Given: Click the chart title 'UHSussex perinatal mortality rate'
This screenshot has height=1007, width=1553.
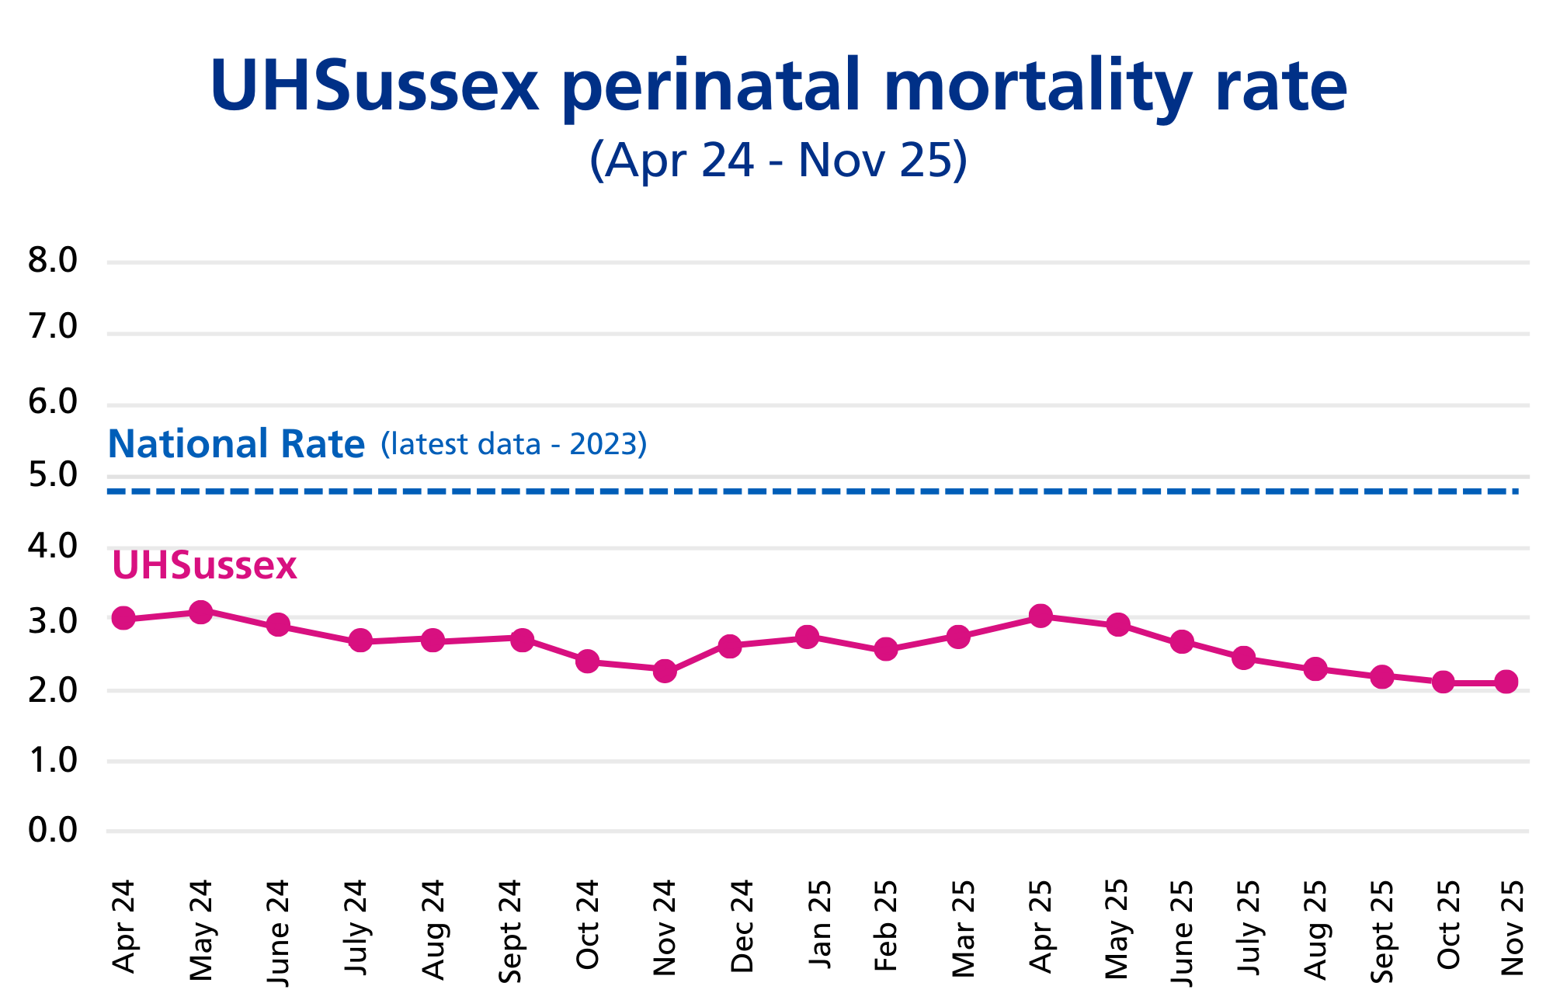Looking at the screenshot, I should (x=778, y=85).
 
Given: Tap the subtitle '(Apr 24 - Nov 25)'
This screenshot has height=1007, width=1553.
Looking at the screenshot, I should (x=778, y=160).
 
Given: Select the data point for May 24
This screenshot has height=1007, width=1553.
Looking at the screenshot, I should (x=201, y=612).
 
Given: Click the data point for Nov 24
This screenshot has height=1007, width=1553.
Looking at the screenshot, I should (x=665, y=671).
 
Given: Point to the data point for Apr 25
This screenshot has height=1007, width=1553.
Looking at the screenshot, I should (x=1041, y=616).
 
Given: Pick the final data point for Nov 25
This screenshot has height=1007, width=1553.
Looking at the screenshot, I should (x=1506, y=682).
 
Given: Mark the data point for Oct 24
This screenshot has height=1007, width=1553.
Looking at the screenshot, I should (x=588, y=661).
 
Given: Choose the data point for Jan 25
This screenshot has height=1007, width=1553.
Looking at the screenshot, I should (x=808, y=637).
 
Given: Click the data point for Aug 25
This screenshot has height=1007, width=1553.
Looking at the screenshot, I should (x=1315, y=668).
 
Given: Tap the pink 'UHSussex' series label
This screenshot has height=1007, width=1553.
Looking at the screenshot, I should (x=204, y=565).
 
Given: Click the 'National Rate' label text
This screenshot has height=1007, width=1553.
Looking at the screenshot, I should (x=236, y=444).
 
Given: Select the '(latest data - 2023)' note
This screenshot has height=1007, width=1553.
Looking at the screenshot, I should (x=513, y=444).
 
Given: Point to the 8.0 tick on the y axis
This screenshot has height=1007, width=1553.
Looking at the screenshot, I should (x=53, y=260).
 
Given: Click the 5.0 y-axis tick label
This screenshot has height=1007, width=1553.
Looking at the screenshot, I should (x=53, y=475).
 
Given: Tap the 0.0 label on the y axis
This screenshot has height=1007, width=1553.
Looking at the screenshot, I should (x=53, y=830).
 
